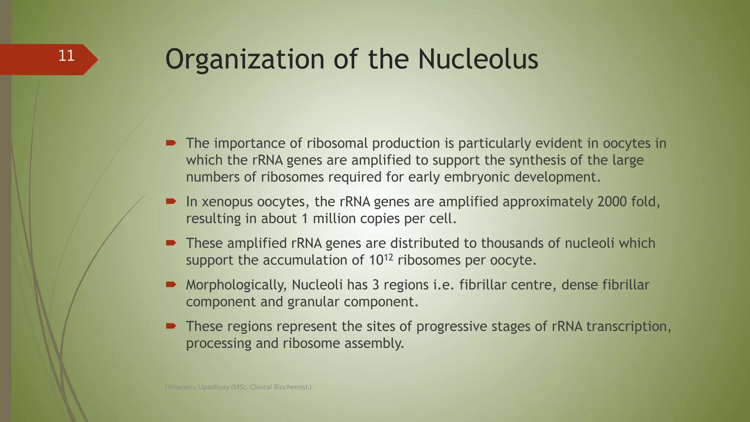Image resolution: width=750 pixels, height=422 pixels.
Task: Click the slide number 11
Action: [66, 56]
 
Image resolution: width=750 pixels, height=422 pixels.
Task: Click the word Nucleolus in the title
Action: [478, 60]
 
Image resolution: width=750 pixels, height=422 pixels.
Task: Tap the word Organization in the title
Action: [245, 60]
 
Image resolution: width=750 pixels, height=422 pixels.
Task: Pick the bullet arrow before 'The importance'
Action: [171, 143]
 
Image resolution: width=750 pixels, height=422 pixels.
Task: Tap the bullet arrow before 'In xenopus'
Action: [171, 201]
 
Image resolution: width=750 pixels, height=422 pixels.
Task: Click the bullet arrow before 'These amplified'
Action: [171, 243]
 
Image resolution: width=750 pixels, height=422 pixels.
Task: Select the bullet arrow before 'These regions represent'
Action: [171, 326]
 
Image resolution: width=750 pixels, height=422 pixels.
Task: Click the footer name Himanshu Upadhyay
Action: [197, 387]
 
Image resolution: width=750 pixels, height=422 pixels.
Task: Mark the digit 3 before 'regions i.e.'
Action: [375, 285]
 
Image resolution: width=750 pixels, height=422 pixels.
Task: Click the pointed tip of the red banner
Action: [97, 60]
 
